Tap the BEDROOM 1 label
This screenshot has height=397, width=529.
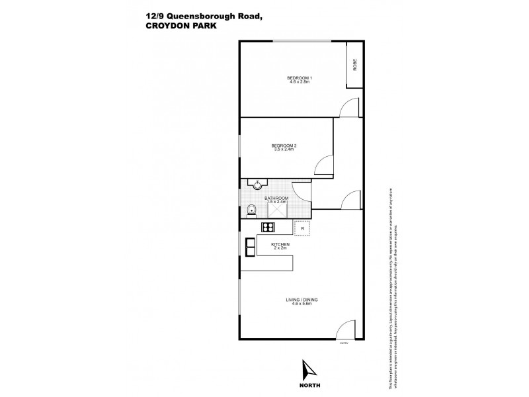(300, 78)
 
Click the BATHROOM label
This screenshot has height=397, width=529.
(276, 198)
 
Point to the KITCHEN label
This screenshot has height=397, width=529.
(281, 245)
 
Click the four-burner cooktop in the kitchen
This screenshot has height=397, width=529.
(268, 228)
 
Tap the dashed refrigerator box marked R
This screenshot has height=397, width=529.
(302, 228)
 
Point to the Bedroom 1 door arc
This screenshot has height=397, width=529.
(346, 109)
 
